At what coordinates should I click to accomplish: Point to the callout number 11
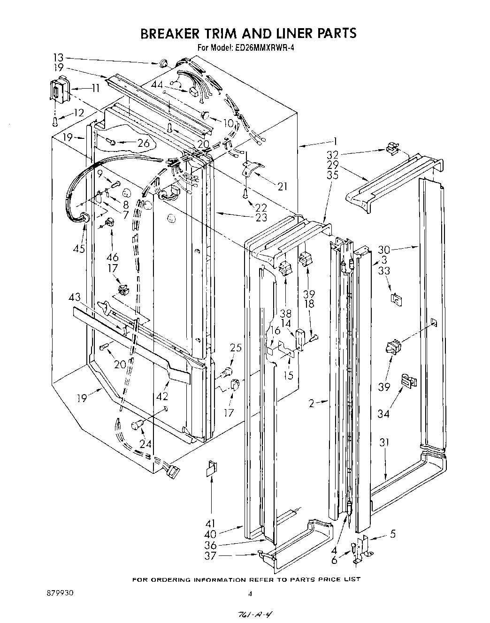[x=95, y=88]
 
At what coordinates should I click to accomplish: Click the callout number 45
[x=79, y=248]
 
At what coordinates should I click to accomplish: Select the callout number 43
[x=74, y=297]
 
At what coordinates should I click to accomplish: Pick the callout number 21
[x=282, y=187]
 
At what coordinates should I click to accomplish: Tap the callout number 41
[x=210, y=523]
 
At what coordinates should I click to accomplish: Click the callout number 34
[x=384, y=414]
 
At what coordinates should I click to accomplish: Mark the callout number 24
[x=145, y=444]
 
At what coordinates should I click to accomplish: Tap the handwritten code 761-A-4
[x=250, y=615]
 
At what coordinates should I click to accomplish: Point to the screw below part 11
[x=55, y=122]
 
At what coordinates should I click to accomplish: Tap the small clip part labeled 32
[x=392, y=149]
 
